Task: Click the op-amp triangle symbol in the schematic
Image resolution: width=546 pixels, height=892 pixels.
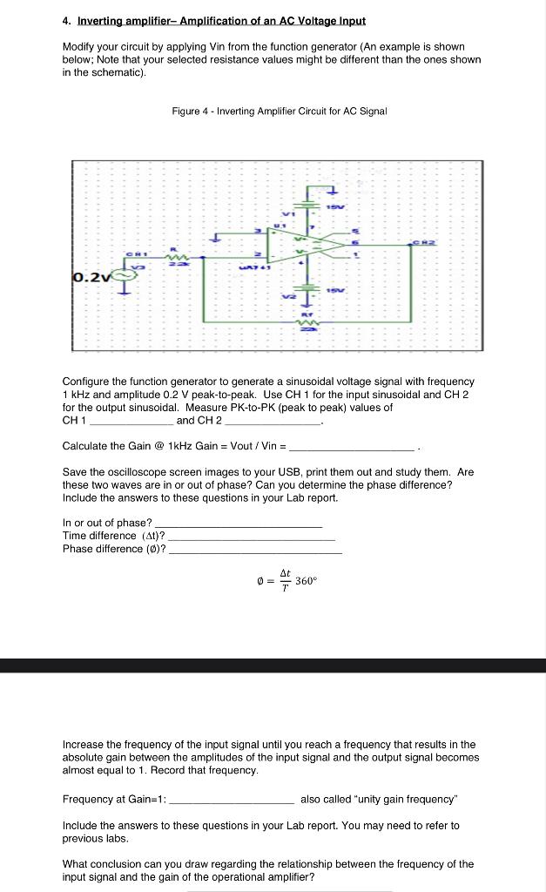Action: [296, 247]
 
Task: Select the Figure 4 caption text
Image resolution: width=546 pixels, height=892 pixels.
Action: [279, 111]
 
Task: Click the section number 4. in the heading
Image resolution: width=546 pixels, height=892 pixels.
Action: [67, 20]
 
